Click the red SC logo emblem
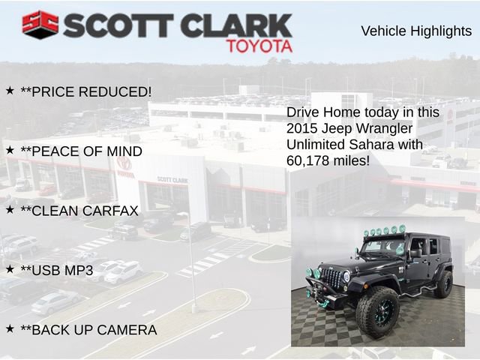40,24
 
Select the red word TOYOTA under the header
259,46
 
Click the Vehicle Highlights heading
416,31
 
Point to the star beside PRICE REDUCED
10,90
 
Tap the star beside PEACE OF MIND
10,150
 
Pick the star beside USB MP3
10,268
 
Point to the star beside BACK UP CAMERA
10,328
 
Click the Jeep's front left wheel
377,310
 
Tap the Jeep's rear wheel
444,284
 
